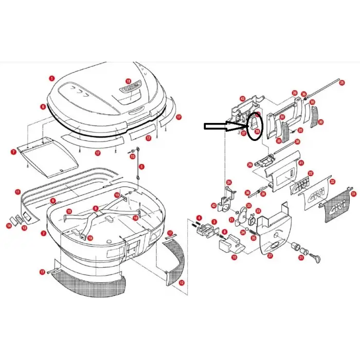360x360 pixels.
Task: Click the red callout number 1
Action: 51,78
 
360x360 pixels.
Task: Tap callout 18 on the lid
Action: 129,81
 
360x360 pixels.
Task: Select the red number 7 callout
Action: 14,152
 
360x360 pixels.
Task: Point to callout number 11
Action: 17,192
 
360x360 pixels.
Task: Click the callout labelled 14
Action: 9,225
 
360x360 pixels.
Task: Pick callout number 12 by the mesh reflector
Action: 181,282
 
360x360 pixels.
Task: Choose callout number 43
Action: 242,98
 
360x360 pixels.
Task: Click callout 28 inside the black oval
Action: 257,132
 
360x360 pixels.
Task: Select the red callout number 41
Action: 301,163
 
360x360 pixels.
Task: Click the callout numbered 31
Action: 353,194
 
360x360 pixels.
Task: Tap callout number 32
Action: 332,182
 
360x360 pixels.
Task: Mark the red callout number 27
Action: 271,256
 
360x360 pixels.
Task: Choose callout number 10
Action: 235,257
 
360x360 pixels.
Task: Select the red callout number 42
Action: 213,205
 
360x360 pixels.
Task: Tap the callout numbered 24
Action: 229,182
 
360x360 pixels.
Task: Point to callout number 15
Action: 132,156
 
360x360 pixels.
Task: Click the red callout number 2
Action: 44,233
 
